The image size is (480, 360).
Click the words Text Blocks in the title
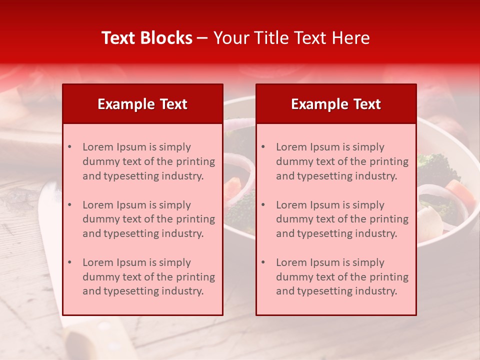click(x=146, y=38)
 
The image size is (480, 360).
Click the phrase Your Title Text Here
click(x=291, y=38)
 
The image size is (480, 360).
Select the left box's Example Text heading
click(x=142, y=104)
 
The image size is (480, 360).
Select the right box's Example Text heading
click(x=336, y=104)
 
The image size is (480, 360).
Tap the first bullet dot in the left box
click(x=69, y=147)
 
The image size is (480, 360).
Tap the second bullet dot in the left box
click(x=69, y=205)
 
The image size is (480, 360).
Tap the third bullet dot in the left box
click(x=69, y=262)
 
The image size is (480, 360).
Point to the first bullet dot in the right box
click(x=263, y=147)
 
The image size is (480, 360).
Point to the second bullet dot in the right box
click(x=263, y=205)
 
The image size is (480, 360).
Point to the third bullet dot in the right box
click(x=263, y=262)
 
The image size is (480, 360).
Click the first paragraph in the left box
click(x=148, y=161)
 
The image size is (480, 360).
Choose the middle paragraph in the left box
click(x=148, y=219)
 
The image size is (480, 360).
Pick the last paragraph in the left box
click(x=148, y=277)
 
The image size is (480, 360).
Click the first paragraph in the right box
click(x=342, y=161)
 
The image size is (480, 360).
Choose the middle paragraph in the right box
click(x=342, y=219)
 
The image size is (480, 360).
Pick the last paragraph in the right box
click(x=342, y=277)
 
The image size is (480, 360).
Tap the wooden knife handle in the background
click(x=100, y=340)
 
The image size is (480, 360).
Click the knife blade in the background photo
click(x=50, y=240)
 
